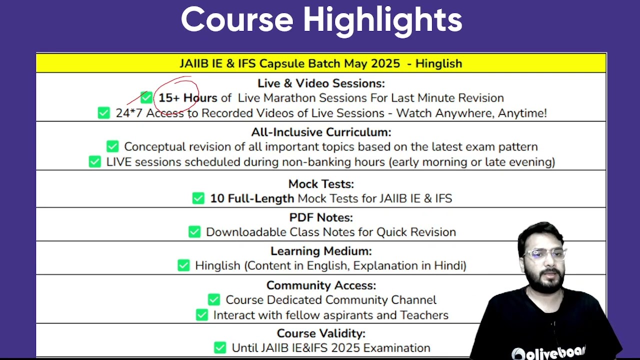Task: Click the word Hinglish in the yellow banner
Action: coord(438,63)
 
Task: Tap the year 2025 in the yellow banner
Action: coord(385,63)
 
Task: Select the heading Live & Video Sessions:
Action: coord(321,83)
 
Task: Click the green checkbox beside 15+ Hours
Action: coord(146,97)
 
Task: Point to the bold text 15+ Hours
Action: coord(187,97)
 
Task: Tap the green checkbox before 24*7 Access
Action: coord(103,113)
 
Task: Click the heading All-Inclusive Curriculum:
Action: coord(321,132)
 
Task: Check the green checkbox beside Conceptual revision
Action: coord(112,146)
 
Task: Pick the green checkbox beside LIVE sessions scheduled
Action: coord(95,161)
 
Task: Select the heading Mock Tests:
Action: coord(321,184)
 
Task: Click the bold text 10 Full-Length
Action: coord(252,198)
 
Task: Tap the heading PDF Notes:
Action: coord(321,217)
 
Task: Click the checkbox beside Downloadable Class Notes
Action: coord(194,232)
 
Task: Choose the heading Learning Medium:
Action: coord(321,251)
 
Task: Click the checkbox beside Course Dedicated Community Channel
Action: coord(214,299)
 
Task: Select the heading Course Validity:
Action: coord(321,333)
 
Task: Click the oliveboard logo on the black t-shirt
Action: coord(548,353)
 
